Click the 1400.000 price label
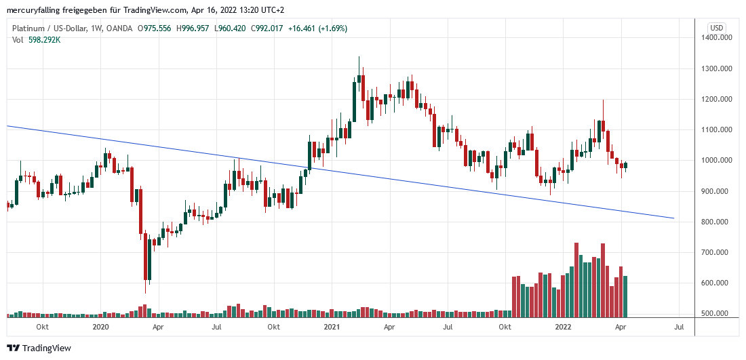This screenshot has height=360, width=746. [x=720, y=38]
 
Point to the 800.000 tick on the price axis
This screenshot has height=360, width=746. [x=720, y=222]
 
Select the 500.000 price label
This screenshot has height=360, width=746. [x=720, y=314]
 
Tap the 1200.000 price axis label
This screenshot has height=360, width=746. [x=720, y=99]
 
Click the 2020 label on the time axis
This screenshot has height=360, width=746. [x=100, y=327]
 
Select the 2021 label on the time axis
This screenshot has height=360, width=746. [x=332, y=327]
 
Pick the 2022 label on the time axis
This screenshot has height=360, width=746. [x=564, y=327]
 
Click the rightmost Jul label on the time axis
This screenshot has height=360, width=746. [x=679, y=327]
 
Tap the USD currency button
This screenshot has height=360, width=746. [x=716, y=27]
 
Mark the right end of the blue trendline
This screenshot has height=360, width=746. [x=673, y=218]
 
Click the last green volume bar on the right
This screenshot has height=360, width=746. [x=625, y=296]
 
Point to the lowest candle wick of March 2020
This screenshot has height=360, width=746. [x=145, y=292]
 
